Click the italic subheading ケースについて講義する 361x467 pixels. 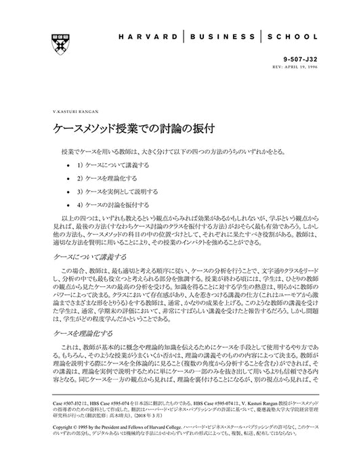[x=90, y=257]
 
